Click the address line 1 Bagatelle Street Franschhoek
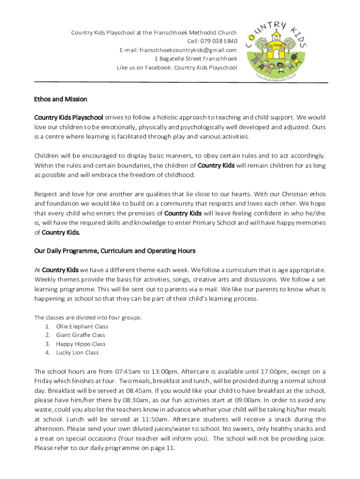click(196, 59)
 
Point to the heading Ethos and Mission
click(60, 99)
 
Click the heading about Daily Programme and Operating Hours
click(115, 251)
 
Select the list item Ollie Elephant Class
click(82, 327)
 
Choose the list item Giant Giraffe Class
click(80, 335)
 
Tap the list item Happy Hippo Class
click(80, 344)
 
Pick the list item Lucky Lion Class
click(77, 353)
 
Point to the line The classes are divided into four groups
click(87, 318)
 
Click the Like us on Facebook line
click(177, 68)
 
